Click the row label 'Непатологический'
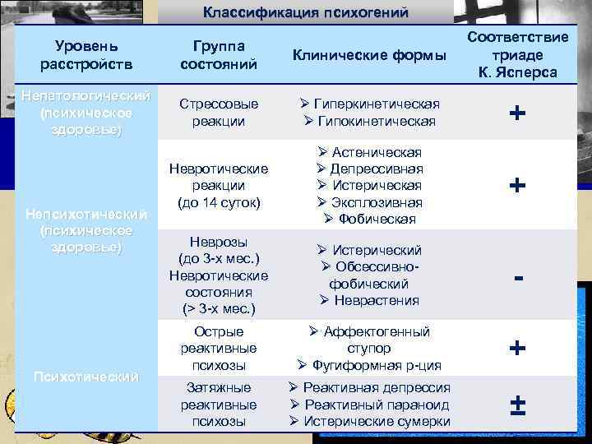[x=86, y=96]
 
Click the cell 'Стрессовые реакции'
[x=219, y=113]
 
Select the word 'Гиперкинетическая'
[x=377, y=104]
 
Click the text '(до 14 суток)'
[x=219, y=202]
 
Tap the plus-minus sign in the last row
[x=518, y=405]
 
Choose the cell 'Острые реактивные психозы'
[x=219, y=349]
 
